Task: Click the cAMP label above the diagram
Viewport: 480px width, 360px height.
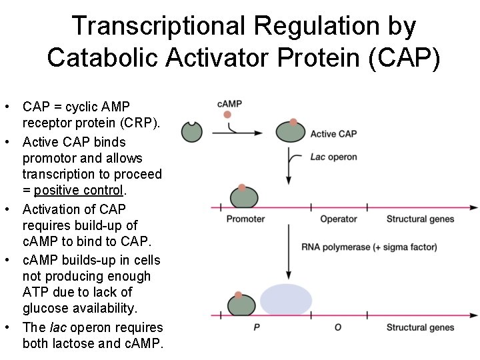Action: pyautogui.click(x=229, y=103)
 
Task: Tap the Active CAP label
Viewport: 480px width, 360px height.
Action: pyautogui.click(x=333, y=134)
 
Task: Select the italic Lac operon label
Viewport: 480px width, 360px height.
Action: pyautogui.click(x=333, y=157)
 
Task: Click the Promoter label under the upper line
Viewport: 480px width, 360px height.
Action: pyautogui.click(x=245, y=219)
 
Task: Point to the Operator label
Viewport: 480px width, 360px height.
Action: pyautogui.click(x=339, y=219)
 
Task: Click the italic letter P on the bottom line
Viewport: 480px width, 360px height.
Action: pyautogui.click(x=257, y=327)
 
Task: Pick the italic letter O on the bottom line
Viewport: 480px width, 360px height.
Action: pyautogui.click(x=338, y=327)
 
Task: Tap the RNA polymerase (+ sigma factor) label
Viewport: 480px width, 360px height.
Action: pyautogui.click(x=369, y=247)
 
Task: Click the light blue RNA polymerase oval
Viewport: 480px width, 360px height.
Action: pyautogui.click(x=286, y=300)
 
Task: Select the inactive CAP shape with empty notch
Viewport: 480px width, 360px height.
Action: pyautogui.click(x=192, y=131)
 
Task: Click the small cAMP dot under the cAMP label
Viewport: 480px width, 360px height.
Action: pyautogui.click(x=227, y=115)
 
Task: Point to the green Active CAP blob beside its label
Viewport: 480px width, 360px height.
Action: pyautogui.click(x=293, y=131)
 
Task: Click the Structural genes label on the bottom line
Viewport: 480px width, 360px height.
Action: pyautogui.click(x=420, y=327)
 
